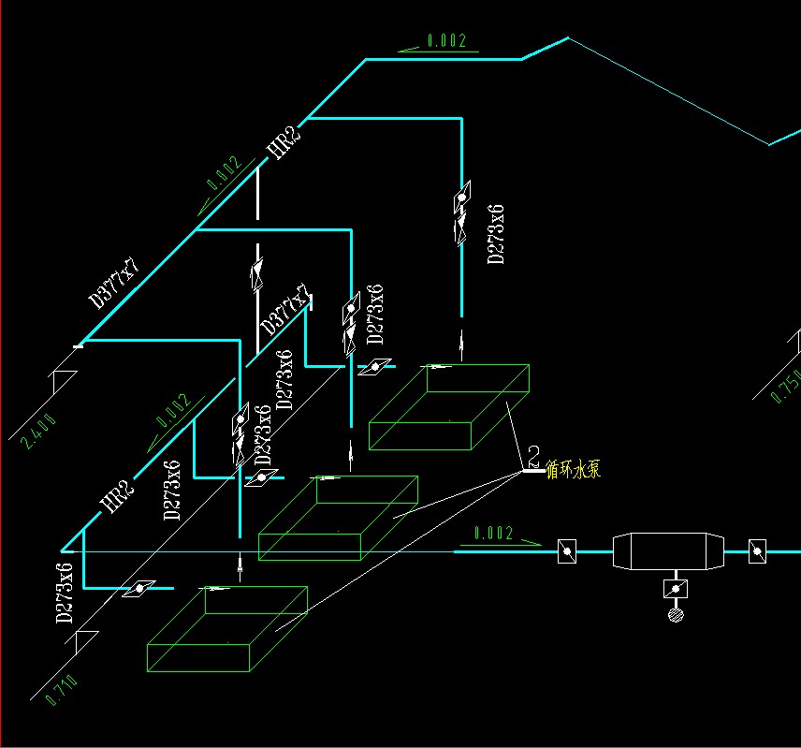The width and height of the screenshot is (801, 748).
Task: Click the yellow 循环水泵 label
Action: tap(573, 469)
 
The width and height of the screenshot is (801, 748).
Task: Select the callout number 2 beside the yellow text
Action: tap(533, 457)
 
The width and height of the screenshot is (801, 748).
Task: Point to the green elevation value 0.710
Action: tap(61, 689)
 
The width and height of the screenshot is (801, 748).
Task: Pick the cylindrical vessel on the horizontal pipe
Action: tap(668, 551)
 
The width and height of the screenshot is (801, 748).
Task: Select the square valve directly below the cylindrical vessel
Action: tap(674, 589)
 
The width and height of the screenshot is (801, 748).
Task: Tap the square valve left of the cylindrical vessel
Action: tap(567, 551)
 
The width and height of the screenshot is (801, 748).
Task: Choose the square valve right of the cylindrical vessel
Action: tap(757, 551)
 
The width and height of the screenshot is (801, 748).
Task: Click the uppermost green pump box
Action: tap(449, 407)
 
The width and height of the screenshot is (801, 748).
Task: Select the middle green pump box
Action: tap(338, 518)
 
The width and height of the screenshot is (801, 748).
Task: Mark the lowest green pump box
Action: tap(227, 628)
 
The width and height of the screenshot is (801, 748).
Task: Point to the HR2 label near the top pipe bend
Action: tap(284, 144)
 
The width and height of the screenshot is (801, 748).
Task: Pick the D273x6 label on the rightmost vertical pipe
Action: tap(497, 233)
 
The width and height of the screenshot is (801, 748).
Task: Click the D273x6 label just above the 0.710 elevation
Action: tap(65, 594)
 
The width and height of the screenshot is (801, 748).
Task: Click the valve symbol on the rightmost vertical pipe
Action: tap(461, 215)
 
